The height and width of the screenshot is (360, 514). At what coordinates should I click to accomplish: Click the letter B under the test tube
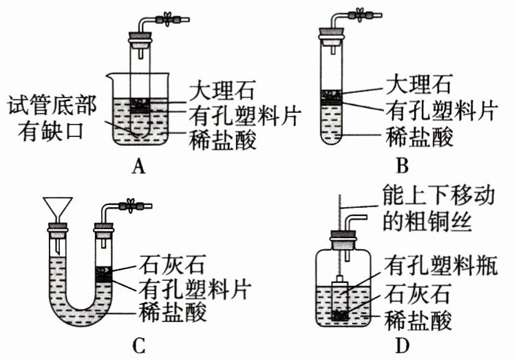(403, 165)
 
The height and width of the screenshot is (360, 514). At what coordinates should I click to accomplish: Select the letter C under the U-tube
(140, 343)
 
